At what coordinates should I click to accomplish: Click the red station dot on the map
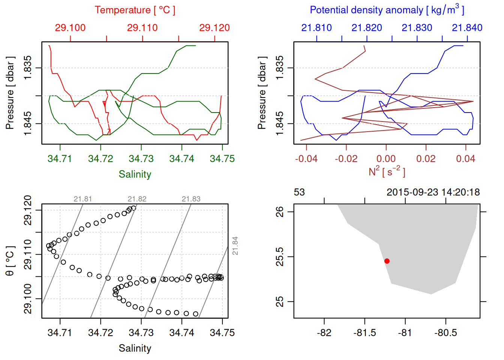(x=387, y=261)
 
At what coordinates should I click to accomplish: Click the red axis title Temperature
(x=135, y=10)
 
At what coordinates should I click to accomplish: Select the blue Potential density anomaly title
(x=387, y=10)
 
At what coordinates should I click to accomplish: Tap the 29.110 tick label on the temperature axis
(x=142, y=28)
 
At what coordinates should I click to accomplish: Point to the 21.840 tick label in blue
(x=467, y=28)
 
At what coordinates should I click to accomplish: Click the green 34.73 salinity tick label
(x=141, y=159)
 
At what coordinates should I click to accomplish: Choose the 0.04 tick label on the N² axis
(x=465, y=159)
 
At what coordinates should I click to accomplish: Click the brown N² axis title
(x=387, y=172)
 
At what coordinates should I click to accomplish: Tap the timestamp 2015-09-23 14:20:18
(x=433, y=192)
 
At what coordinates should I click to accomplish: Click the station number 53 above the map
(x=299, y=192)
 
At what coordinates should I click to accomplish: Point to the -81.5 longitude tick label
(x=364, y=333)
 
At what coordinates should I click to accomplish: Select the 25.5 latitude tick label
(x=280, y=257)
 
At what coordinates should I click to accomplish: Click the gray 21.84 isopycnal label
(x=235, y=246)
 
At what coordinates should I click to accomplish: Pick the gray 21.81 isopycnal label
(x=82, y=199)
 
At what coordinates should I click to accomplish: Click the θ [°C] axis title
(x=10, y=261)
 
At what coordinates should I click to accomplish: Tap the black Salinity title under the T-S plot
(x=135, y=348)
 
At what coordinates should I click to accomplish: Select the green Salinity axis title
(x=135, y=174)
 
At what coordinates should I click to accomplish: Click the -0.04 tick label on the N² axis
(x=306, y=159)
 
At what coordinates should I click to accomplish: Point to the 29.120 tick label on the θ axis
(x=28, y=210)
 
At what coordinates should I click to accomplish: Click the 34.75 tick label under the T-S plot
(x=222, y=333)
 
